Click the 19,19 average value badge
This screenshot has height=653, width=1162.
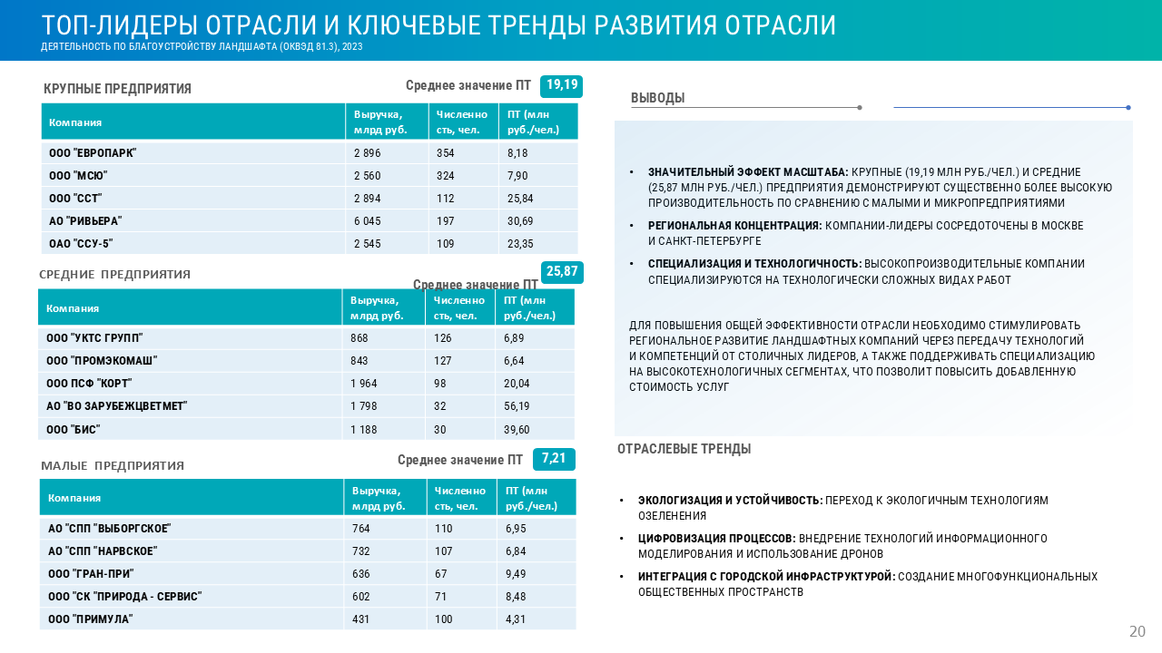pyautogui.click(x=561, y=85)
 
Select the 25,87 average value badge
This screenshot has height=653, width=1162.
pyautogui.click(x=561, y=271)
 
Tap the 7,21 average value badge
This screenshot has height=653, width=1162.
pyautogui.click(x=554, y=459)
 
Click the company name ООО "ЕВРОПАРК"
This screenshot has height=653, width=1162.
pyautogui.click(x=93, y=153)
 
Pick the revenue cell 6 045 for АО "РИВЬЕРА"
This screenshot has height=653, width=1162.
pyautogui.click(x=368, y=221)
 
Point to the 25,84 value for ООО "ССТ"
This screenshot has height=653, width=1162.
pyautogui.click(x=520, y=199)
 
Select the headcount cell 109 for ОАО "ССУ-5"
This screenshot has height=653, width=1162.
pyautogui.click(x=446, y=244)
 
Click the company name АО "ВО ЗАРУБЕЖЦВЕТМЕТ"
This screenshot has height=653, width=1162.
pyautogui.click(x=116, y=406)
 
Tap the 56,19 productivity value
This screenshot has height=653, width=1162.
pyautogui.click(x=517, y=406)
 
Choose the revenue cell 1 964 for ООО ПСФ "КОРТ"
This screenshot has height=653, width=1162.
pyautogui.click(x=364, y=384)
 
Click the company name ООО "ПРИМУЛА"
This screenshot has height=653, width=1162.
pyautogui.click(x=91, y=619)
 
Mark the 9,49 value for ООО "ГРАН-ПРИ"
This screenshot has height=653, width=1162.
pyautogui.click(x=517, y=573)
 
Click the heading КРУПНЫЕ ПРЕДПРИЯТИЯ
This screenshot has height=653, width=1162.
pyautogui.click(x=117, y=89)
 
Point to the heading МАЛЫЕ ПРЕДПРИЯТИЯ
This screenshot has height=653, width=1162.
pyautogui.click(x=113, y=466)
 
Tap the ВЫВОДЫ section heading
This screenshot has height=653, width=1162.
pyautogui.click(x=657, y=98)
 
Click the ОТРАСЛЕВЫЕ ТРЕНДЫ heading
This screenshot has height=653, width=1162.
pyautogui.click(x=684, y=449)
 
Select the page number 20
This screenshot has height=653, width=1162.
pyautogui.click(x=1137, y=631)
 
